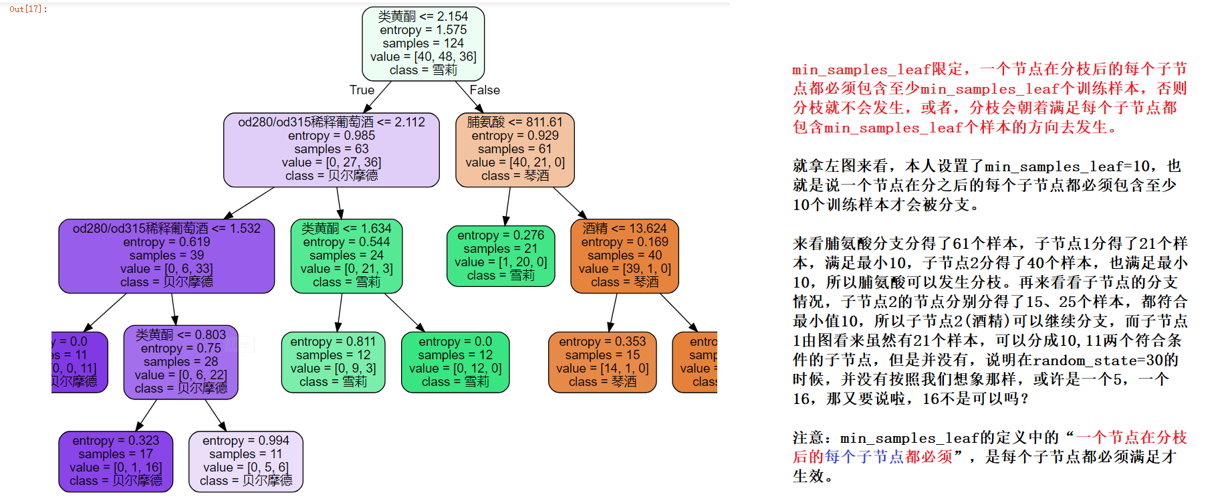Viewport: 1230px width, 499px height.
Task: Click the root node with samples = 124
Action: tap(423, 43)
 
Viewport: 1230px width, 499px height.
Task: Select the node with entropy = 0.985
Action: tap(332, 149)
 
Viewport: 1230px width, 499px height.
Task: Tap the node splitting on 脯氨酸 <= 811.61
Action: tap(515, 149)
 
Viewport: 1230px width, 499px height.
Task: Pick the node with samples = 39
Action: tap(166, 256)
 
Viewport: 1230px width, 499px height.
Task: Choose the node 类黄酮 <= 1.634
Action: tap(346, 256)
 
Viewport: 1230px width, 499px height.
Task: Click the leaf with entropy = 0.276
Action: tap(501, 256)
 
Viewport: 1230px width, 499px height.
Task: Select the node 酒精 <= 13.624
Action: tap(624, 256)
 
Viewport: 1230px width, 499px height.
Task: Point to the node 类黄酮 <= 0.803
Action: tap(180, 362)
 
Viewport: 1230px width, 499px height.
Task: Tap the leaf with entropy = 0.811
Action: tap(333, 362)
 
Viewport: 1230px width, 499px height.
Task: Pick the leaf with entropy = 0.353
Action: tap(602, 362)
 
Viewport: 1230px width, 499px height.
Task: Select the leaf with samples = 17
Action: tap(116, 461)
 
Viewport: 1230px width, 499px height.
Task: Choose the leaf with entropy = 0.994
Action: tap(245, 461)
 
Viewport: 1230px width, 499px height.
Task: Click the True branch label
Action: tap(362, 90)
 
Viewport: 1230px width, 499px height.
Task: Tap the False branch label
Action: tap(485, 90)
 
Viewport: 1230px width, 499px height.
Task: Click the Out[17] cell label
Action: tap(28, 9)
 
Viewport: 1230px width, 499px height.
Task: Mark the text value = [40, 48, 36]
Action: tap(423, 57)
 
